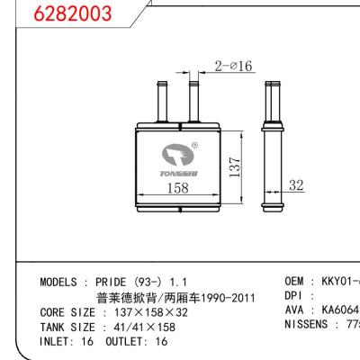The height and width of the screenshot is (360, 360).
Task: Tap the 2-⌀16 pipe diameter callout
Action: [x=234, y=65]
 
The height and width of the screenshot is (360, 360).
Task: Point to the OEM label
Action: [x=296, y=282]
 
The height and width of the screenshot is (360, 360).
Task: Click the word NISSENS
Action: [x=310, y=326]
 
